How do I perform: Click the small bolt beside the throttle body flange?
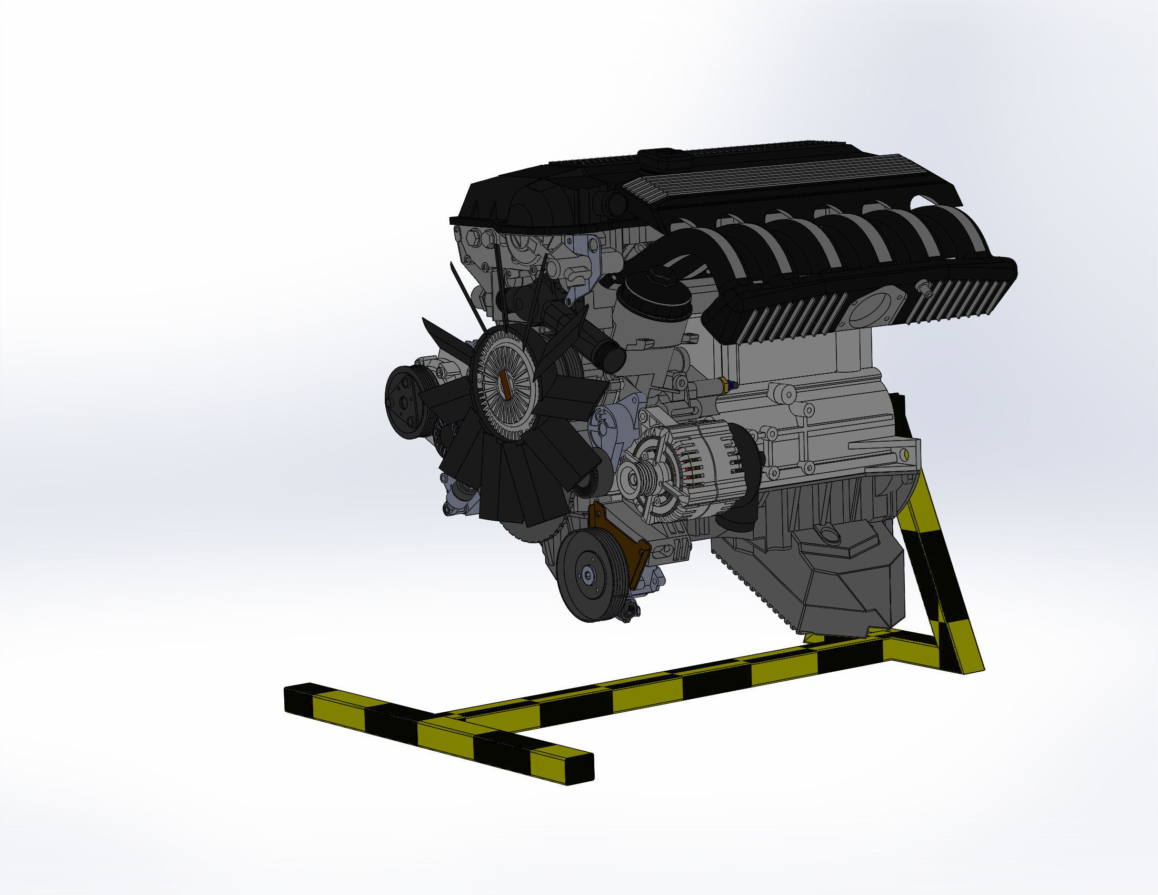click(x=925, y=288)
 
